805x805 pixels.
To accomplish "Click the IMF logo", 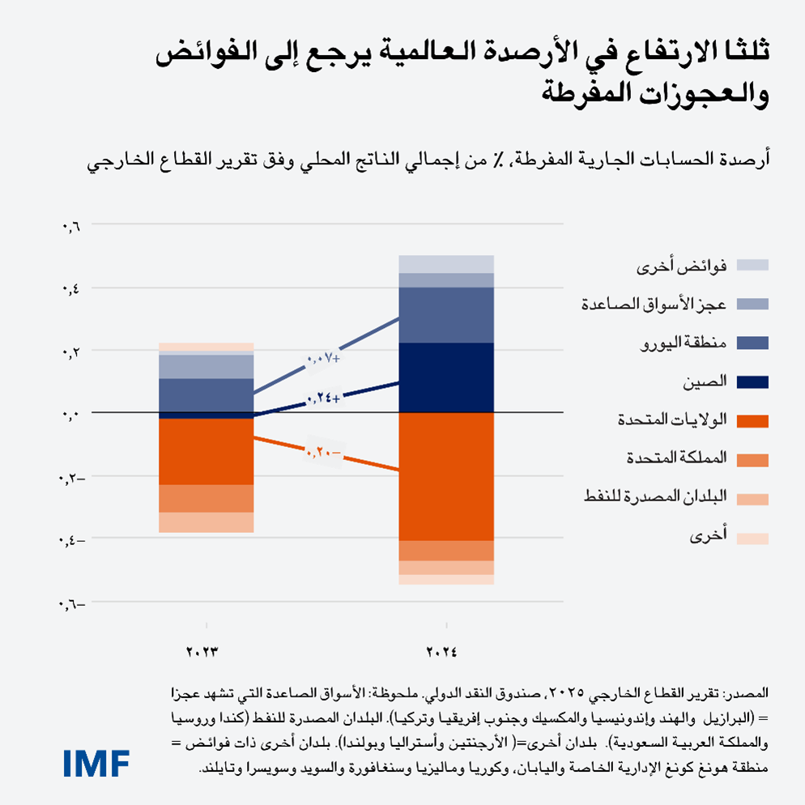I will point(96,763).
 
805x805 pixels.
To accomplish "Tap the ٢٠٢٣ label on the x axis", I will point(204,651).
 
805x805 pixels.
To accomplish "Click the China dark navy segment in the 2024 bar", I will point(446,377).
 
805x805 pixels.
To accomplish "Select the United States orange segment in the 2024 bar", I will point(446,476).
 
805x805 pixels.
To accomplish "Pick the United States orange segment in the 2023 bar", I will point(206,451).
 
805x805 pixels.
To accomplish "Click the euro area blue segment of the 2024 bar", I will point(446,315).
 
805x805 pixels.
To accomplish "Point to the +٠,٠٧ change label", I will point(322,358).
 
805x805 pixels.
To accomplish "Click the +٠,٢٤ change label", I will point(322,398).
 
